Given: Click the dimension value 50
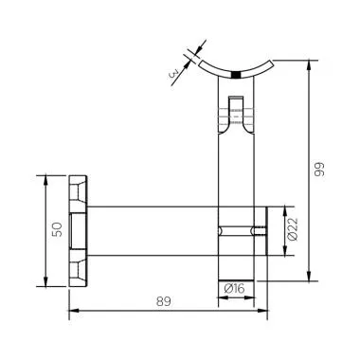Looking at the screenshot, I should pyautogui.click(x=56, y=230).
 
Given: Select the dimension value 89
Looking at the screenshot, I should pyautogui.click(x=165, y=301).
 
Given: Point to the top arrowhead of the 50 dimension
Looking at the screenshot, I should pyautogui.click(x=44, y=178).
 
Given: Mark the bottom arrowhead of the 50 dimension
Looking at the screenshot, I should pyautogui.click(x=44, y=282).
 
